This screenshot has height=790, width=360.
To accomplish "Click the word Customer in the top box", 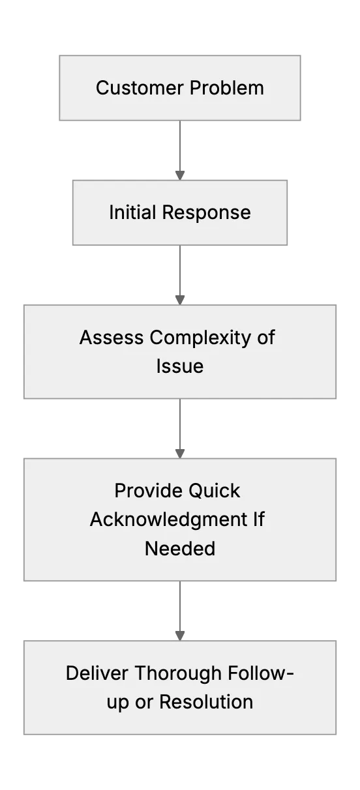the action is pos(140,88).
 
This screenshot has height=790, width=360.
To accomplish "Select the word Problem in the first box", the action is pos(227,88).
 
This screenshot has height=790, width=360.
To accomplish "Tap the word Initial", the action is pos(132,212).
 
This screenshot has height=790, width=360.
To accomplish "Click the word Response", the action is pos(207,212).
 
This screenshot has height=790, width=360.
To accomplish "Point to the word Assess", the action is pos(112,337).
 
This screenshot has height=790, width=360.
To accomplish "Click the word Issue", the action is pos(180,366).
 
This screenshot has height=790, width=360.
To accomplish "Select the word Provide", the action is pos(147,491).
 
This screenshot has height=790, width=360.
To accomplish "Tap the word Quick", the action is pos(214,491).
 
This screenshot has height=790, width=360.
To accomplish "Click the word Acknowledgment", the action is pos(169,520).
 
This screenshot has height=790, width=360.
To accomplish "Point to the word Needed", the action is pos(180,548).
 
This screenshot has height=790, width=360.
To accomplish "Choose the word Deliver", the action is pos(97,673).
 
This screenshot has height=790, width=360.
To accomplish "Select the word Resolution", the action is pos(206,702).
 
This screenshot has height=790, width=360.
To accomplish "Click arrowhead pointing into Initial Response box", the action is pos(180,175).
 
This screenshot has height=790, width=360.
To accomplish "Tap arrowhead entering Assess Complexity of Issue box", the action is pos(180,300).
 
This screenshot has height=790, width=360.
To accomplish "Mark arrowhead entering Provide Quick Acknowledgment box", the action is pos(180,454).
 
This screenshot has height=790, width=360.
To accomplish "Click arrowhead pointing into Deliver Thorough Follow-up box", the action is pos(180,636).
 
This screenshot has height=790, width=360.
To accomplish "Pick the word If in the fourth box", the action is pos(259,519).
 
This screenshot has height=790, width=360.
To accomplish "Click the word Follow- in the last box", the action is pos(261,673).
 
